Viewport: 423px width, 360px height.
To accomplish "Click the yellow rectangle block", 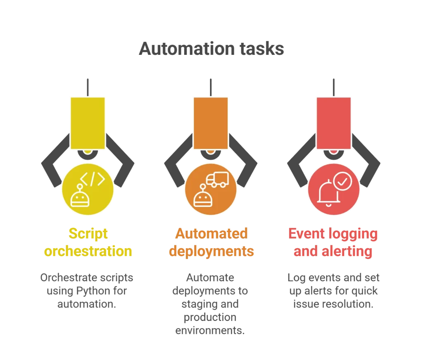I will pyautogui.click(x=87, y=123).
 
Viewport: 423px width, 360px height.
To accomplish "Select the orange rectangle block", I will pyautogui.click(x=210, y=123).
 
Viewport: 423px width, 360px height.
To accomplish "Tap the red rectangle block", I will pyautogui.click(x=333, y=123).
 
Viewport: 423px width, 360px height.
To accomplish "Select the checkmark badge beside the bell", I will pyautogui.click(x=342, y=180).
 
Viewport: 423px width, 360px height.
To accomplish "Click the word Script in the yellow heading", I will pyautogui.click(x=88, y=234).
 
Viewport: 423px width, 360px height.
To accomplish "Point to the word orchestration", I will pyautogui.click(x=88, y=251).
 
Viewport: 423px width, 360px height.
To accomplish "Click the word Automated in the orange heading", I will pyautogui.click(x=211, y=234).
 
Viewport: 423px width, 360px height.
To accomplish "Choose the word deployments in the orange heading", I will pyautogui.click(x=211, y=251).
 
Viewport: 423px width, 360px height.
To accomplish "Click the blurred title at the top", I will pyautogui.click(x=211, y=48).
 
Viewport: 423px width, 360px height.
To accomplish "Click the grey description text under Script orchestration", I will pyautogui.click(x=88, y=290).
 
